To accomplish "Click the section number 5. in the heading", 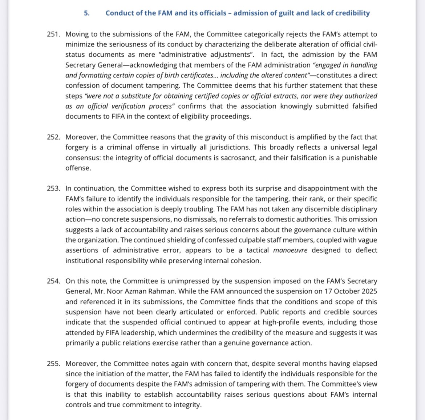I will [x=86, y=13].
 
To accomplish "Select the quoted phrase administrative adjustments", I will [x=213, y=55].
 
